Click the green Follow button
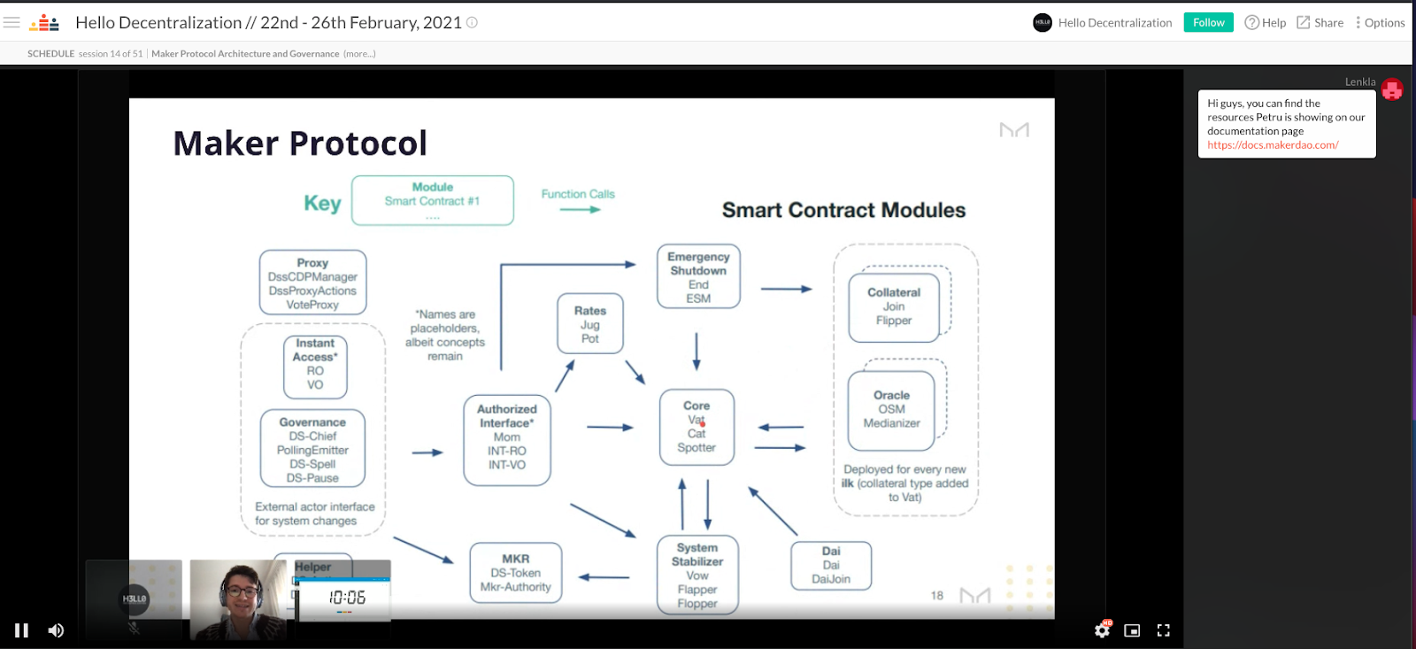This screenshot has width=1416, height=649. click(1208, 23)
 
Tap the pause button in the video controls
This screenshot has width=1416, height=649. click(22, 630)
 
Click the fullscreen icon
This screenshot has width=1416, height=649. click(1163, 630)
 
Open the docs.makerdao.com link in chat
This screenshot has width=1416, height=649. click(1273, 145)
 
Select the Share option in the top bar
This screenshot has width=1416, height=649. click(1320, 23)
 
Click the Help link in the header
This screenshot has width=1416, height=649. click(1265, 23)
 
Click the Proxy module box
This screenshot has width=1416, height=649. click(312, 283)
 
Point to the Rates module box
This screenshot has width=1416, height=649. click(590, 324)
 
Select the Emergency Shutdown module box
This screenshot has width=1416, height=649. click(698, 277)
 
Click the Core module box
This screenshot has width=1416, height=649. click(696, 427)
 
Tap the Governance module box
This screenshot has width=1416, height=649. click(312, 449)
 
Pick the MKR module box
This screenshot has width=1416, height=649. click(515, 573)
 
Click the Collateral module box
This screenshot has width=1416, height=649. click(894, 306)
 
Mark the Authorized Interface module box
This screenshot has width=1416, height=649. click(507, 437)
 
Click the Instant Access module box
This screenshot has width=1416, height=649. click(315, 364)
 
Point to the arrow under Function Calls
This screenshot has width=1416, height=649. click(580, 210)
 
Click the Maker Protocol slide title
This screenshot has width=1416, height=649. click(300, 143)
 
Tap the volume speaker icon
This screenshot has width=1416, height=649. click(56, 630)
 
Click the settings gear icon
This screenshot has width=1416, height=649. click(1102, 630)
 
